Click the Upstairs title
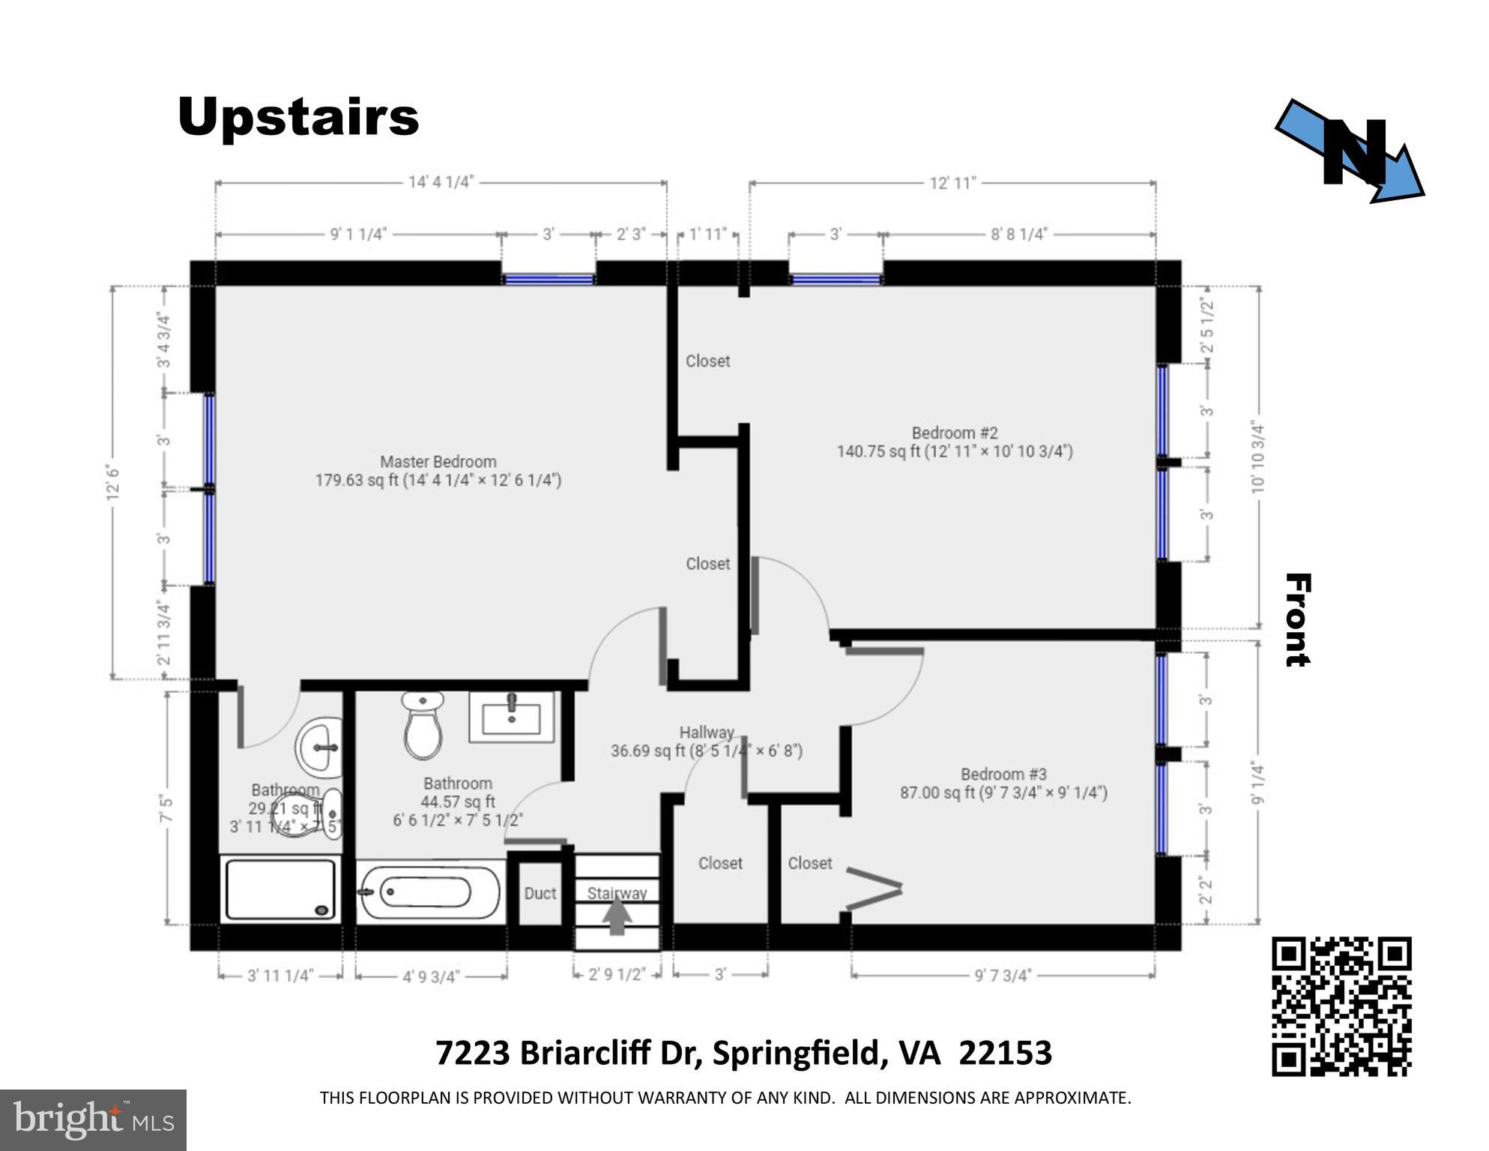298,117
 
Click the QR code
1341,1006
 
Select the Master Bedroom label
438,471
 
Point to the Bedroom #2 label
955,442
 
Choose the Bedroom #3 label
1003,783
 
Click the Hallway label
706,742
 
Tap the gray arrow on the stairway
617,917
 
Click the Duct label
540,893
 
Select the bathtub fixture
427,892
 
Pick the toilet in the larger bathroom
423,726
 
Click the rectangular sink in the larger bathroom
512,717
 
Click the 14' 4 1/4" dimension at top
441,182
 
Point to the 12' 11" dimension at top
952,183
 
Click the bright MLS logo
93,1120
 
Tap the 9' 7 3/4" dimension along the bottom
1003,975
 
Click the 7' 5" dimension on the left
166,809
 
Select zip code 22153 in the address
1005,1053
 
